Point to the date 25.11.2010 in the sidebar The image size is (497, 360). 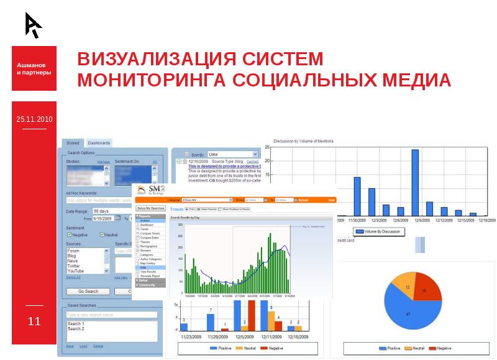[35, 119]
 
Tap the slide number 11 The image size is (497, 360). [34, 321]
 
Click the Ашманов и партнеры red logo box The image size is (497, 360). [34, 68]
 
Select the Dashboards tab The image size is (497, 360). [99, 143]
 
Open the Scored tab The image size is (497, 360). [73, 143]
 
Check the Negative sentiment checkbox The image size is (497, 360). [69, 235]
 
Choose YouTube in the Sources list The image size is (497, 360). [76, 271]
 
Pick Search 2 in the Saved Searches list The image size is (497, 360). [76, 328]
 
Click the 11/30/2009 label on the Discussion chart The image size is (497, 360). [357, 220]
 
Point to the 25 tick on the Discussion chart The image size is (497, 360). [267, 147]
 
